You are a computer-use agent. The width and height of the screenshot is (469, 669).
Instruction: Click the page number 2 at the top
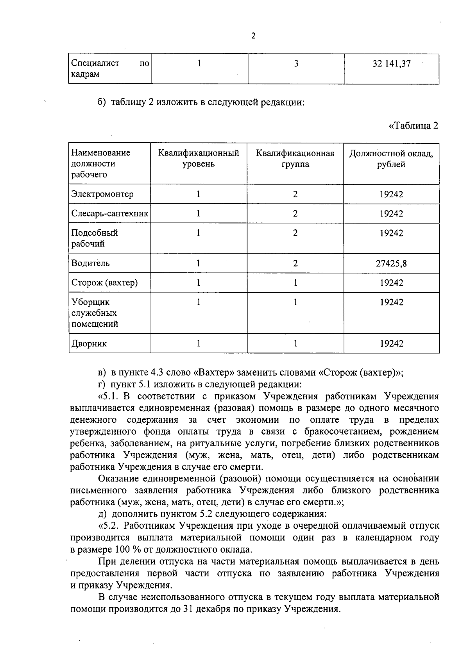tap(253, 36)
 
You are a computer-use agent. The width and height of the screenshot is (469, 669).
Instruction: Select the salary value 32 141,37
tap(391, 64)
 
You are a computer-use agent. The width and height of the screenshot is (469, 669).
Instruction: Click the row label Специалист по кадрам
tap(109, 69)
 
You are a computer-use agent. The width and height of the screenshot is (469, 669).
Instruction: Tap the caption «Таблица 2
tap(413, 125)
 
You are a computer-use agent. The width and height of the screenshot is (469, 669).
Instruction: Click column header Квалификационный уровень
tap(199, 158)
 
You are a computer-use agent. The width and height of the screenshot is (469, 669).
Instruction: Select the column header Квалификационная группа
tap(295, 158)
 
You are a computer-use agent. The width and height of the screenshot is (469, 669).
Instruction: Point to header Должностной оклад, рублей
tap(391, 158)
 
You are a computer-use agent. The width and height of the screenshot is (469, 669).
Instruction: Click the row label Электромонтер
tap(102, 194)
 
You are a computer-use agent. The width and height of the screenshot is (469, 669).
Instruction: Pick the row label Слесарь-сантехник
tap(109, 213)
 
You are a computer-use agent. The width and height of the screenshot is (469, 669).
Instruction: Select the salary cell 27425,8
tap(391, 263)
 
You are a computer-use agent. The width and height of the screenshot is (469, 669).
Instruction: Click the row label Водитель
tap(90, 263)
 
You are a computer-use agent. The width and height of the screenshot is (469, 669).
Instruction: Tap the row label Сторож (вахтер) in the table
tap(104, 283)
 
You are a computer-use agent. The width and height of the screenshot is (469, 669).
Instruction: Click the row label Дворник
tap(89, 344)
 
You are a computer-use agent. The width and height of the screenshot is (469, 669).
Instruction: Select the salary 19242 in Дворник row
tap(391, 344)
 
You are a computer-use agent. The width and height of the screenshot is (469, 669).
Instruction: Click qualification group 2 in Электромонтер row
tap(295, 194)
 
